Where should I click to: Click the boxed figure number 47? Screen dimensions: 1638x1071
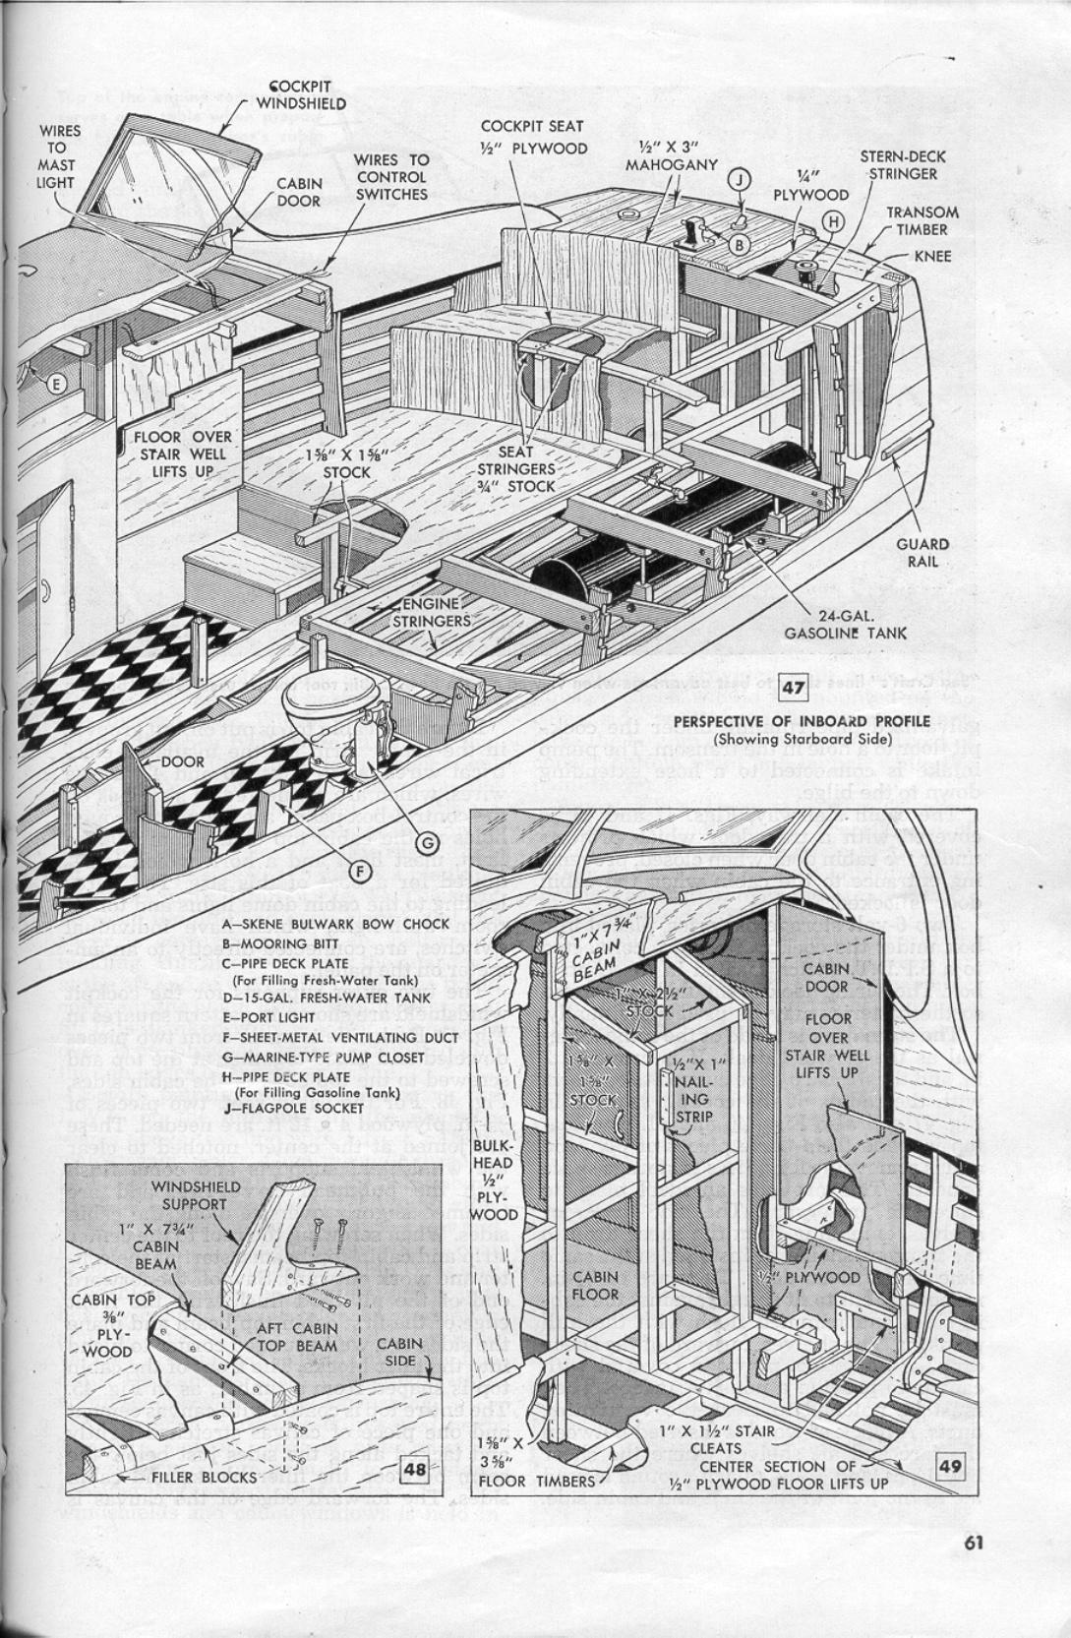coord(793,686)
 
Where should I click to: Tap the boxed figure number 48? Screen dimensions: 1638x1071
coord(415,1469)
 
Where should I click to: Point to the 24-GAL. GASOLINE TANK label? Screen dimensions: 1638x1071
coord(846,623)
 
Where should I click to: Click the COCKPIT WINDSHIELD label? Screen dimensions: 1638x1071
coord(300,94)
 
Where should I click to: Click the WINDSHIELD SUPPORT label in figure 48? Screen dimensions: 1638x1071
coord(188,1195)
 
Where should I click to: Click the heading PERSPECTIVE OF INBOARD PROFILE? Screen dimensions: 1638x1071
coord(801,721)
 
